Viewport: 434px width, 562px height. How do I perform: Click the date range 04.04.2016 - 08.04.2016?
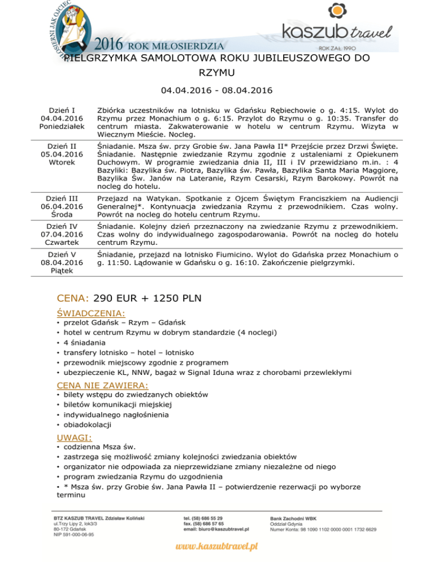coord(216,90)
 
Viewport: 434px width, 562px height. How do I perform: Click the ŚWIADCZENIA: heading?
coord(91,312)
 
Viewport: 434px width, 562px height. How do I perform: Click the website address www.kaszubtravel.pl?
coord(216,547)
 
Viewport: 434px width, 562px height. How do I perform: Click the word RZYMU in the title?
coord(216,72)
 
